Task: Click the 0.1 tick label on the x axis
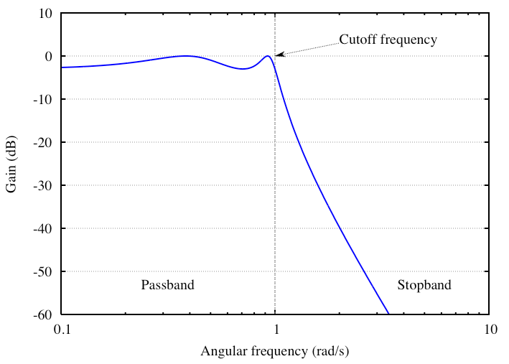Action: pos(62,330)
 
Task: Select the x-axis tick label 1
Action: pos(275,330)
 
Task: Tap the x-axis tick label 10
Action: pos(489,330)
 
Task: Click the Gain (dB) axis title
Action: pos(12,164)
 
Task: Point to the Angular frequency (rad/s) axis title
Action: pos(275,352)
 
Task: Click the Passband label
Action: pos(167,285)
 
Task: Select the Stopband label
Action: pos(424,285)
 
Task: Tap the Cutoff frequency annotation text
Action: pos(388,40)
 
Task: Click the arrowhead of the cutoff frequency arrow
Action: pos(279,55)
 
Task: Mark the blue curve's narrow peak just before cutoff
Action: pos(268,56)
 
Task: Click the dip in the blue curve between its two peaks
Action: pos(243,69)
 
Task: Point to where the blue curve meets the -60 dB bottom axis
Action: pos(388,314)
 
